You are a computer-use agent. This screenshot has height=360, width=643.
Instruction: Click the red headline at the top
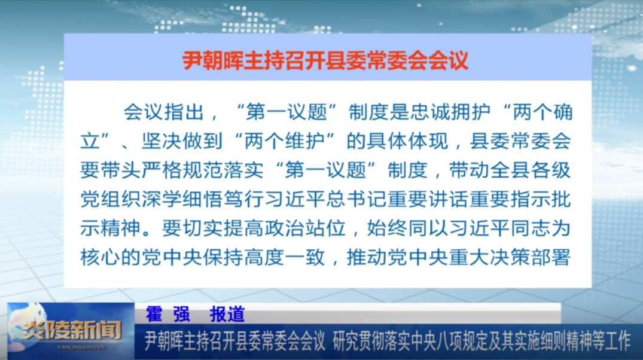[x=325, y=60]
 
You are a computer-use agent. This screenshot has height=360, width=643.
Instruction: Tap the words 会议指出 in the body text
[x=164, y=112]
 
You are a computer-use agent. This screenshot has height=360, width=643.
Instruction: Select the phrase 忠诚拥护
[x=450, y=112]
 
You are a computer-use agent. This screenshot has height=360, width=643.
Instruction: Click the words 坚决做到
[x=182, y=141]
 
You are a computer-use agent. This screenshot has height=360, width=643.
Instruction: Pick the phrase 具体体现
[x=407, y=141]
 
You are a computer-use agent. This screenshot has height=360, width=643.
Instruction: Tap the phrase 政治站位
[x=304, y=228]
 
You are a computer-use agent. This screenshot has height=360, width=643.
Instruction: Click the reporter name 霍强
[x=167, y=314]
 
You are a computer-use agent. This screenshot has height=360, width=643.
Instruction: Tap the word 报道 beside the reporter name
[x=227, y=314]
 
